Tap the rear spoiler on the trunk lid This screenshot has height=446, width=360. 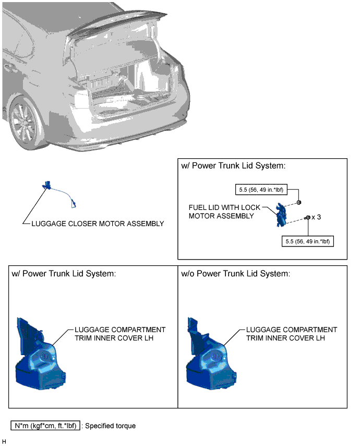coord(116,23)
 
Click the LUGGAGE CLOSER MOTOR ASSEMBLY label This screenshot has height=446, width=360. coord(98,224)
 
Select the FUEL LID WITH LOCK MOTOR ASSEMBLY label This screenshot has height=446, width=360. coord(224,212)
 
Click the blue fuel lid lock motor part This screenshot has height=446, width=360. coord(281,215)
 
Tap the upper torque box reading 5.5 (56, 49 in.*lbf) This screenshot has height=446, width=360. coord(261,190)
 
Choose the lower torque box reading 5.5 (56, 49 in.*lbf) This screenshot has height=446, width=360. coord(307,241)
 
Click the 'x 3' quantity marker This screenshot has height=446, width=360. coord(316,217)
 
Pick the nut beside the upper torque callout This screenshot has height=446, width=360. coord(298,203)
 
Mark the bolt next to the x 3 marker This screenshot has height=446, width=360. coord(307,218)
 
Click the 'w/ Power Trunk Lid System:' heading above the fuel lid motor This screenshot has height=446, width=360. coord(233,166)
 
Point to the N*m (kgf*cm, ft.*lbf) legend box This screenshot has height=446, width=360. coord(45,426)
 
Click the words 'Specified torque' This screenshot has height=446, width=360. coord(110,426)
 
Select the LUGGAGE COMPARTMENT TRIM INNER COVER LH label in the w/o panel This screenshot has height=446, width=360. coord(292,334)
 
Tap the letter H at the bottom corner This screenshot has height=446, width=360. coord(4,441)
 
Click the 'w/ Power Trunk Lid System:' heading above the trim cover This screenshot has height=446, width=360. coord(64,274)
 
